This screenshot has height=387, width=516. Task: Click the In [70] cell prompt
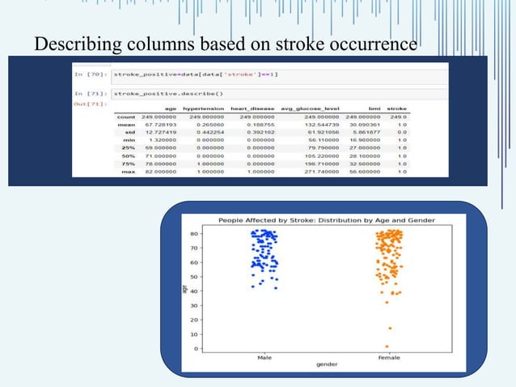88,74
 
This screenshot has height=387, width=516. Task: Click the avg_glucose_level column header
310,108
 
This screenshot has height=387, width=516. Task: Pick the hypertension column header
203,108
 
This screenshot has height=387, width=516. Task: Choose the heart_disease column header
252,108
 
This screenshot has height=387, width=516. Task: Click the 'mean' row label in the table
126,125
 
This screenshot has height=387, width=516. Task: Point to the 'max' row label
128,171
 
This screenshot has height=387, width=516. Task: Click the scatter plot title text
323,220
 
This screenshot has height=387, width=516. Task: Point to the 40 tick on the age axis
194,291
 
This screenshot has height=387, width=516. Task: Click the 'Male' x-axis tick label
264,357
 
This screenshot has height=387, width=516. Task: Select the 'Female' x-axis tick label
389,357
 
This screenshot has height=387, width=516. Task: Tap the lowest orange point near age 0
387,347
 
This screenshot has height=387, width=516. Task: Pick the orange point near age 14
390,328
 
